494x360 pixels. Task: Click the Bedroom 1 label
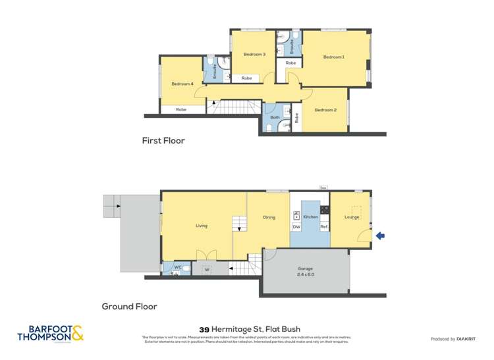point(333,57)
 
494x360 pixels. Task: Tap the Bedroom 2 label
point(325,110)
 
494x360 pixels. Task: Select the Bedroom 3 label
point(254,54)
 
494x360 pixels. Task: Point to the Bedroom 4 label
point(182,84)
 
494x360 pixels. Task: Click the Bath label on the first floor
point(275,118)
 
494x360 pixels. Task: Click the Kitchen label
point(310,217)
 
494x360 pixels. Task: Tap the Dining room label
point(269,217)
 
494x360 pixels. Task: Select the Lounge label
point(351,217)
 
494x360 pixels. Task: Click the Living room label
point(202,226)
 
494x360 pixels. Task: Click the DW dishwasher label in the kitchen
point(296,227)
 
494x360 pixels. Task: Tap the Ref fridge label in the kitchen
point(323,227)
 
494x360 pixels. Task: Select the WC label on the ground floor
point(177,267)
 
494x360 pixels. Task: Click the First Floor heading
point(163,140)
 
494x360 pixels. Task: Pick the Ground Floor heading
point(129,306)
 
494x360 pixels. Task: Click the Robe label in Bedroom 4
point(180,109)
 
